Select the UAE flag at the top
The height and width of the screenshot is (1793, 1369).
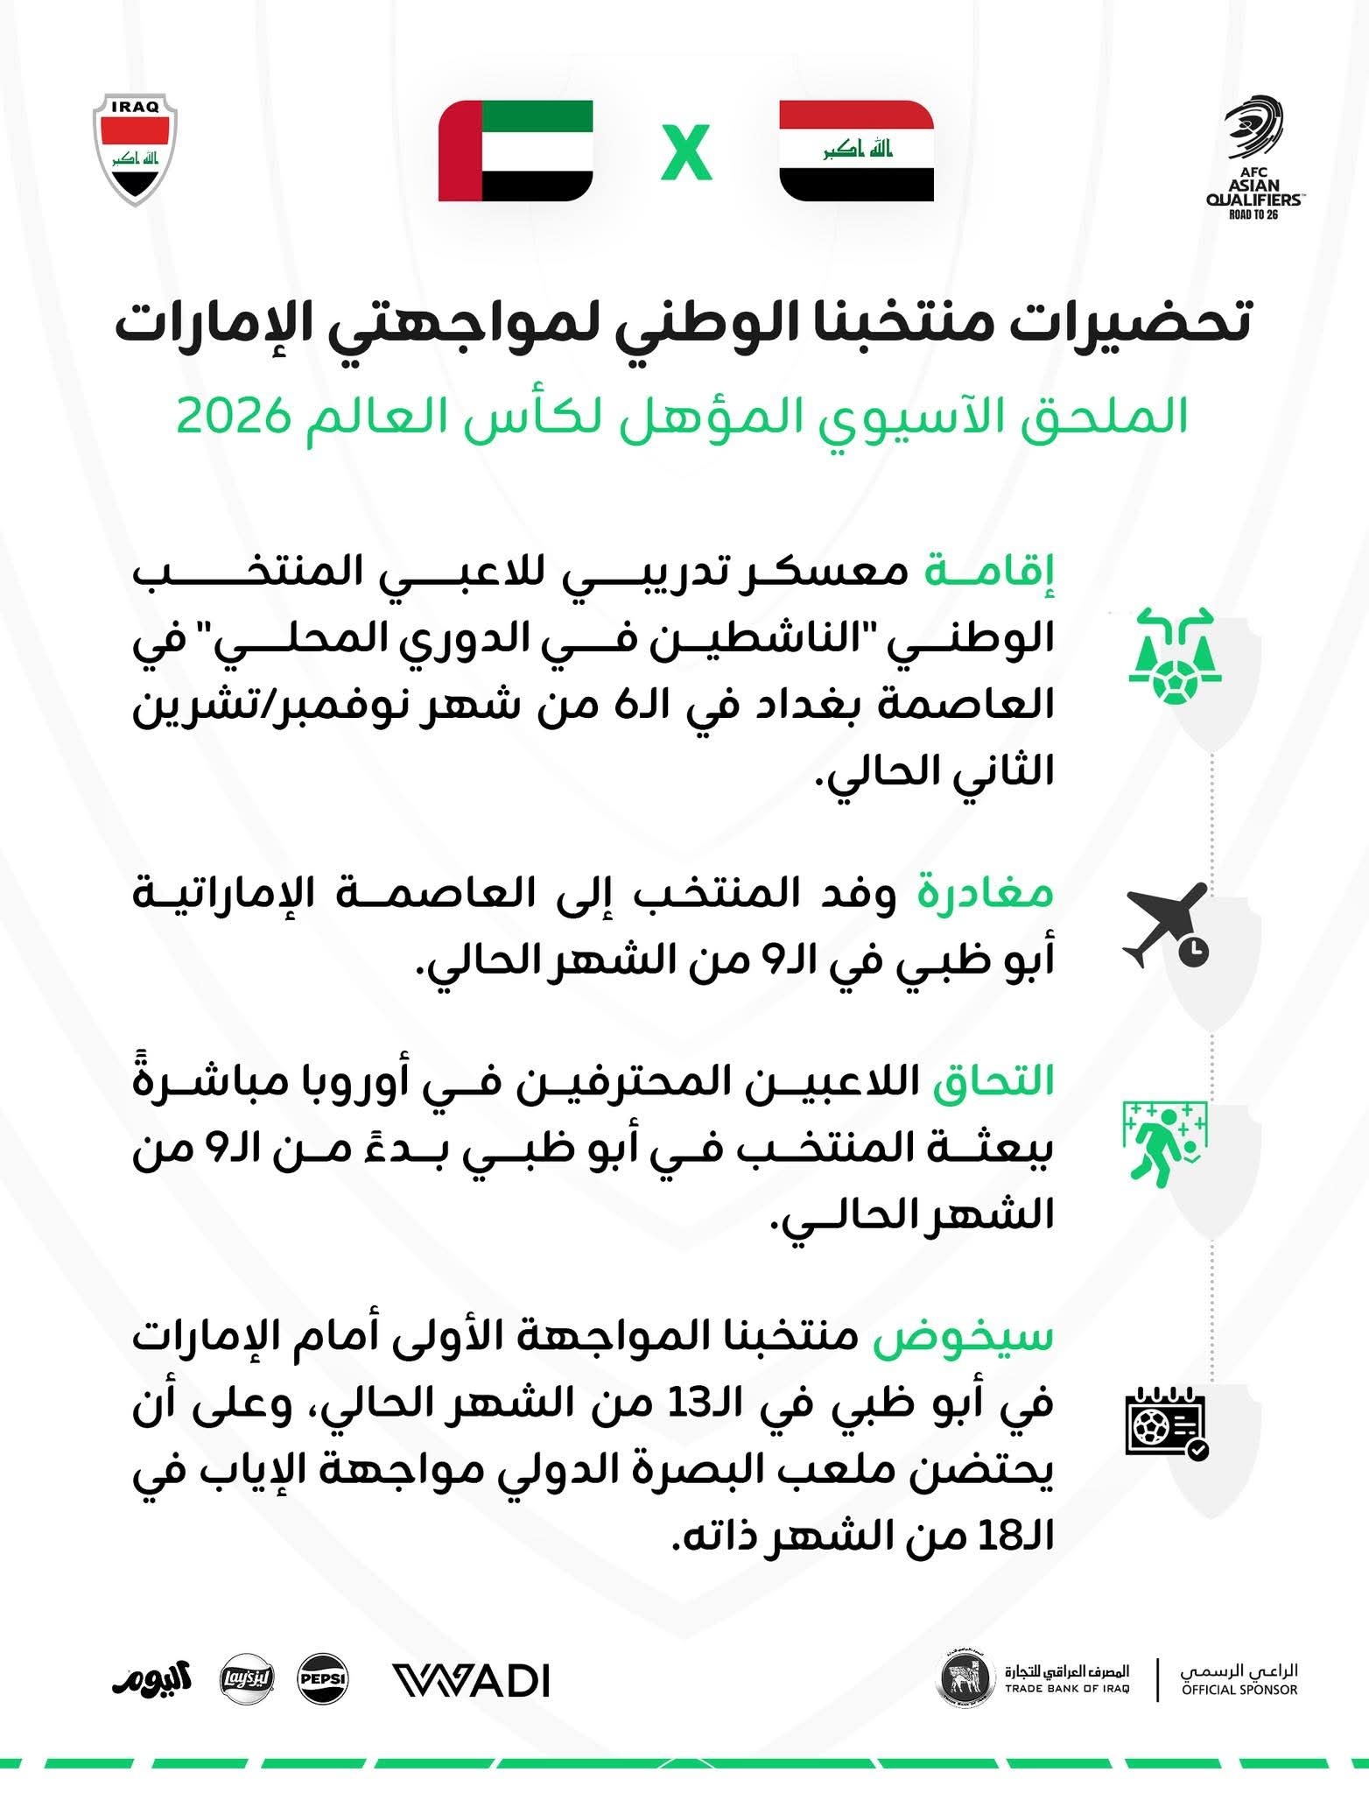516,151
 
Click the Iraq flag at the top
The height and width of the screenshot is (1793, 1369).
856,151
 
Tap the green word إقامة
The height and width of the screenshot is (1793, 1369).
990,571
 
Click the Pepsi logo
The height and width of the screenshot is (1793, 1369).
323,1679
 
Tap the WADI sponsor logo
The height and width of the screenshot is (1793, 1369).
471,1681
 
